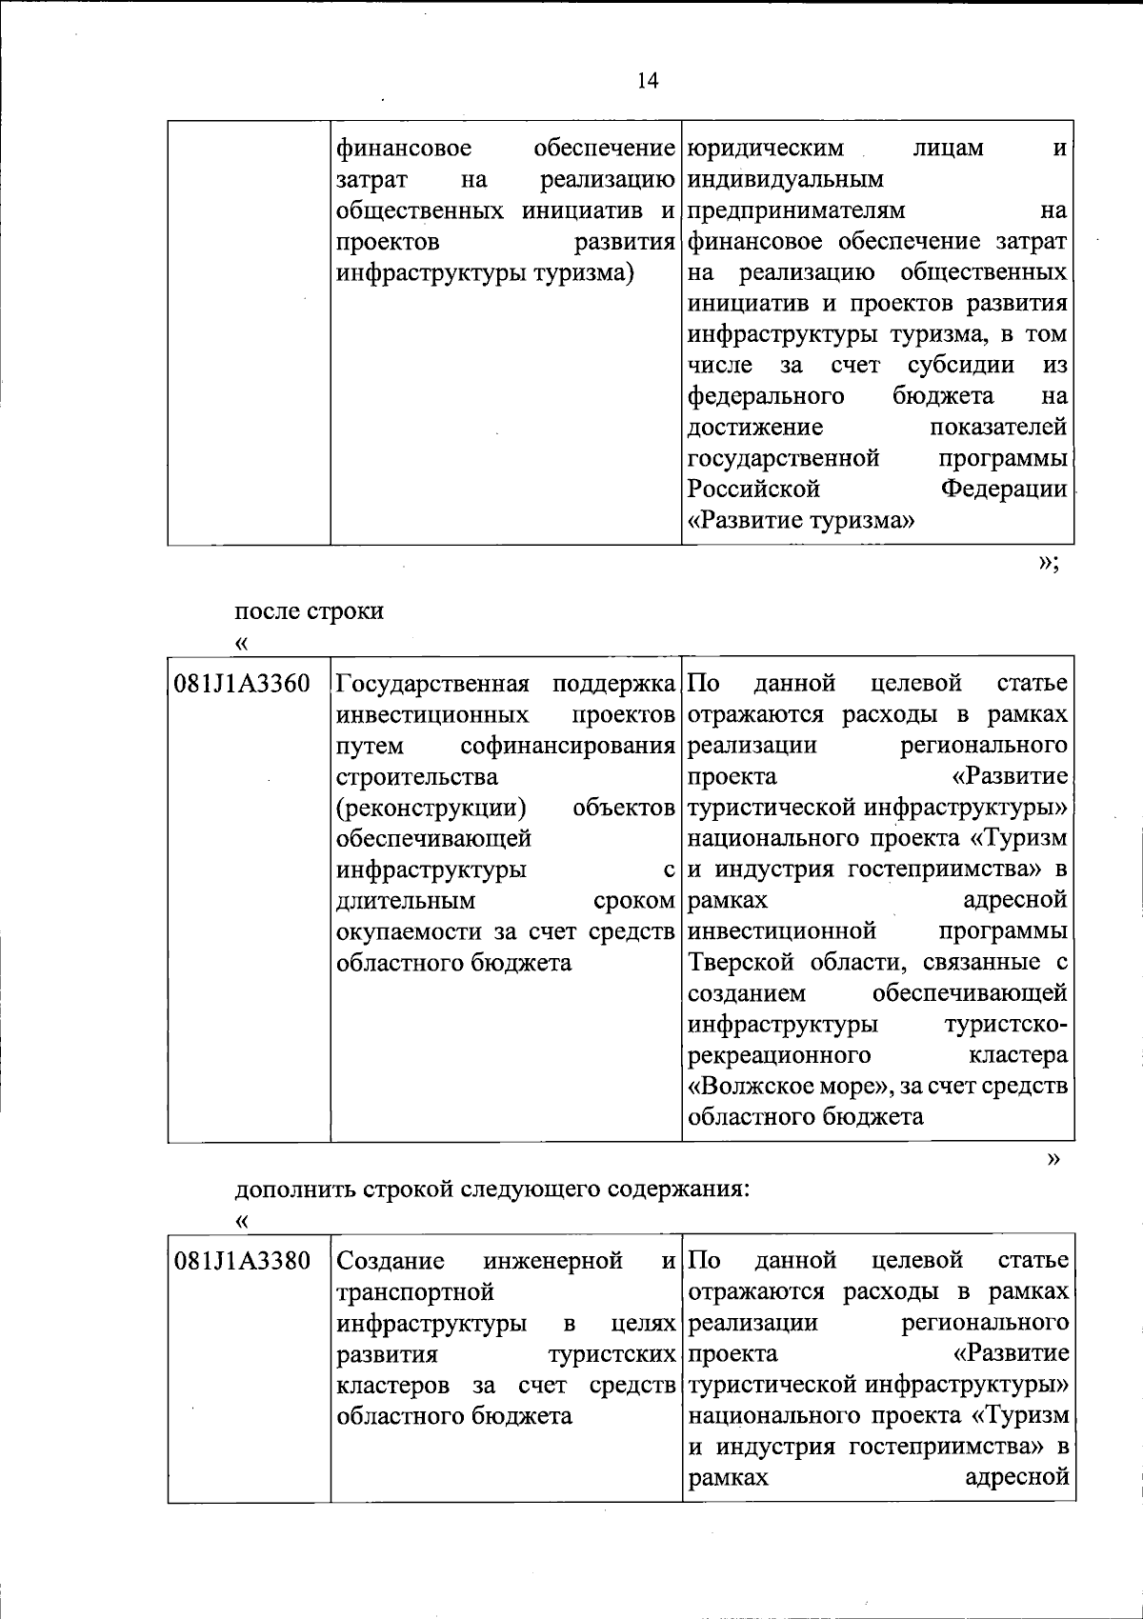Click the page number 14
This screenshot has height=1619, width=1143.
(648, 81)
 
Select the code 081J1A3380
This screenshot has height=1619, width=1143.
(242, 1261)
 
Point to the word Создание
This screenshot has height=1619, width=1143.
(391, 1261)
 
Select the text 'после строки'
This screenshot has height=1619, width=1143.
(310, 610)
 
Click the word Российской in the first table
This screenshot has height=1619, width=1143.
(753, 490)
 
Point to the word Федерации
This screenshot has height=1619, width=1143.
(1004, 490)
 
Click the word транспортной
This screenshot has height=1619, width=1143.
(415, 1292)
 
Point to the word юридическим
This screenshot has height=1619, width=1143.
(766, 149)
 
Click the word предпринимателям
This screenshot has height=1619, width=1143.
(796, 210)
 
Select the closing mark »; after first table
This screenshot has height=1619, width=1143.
(1048, 562)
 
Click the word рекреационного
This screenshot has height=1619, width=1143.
(779, 1055)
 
